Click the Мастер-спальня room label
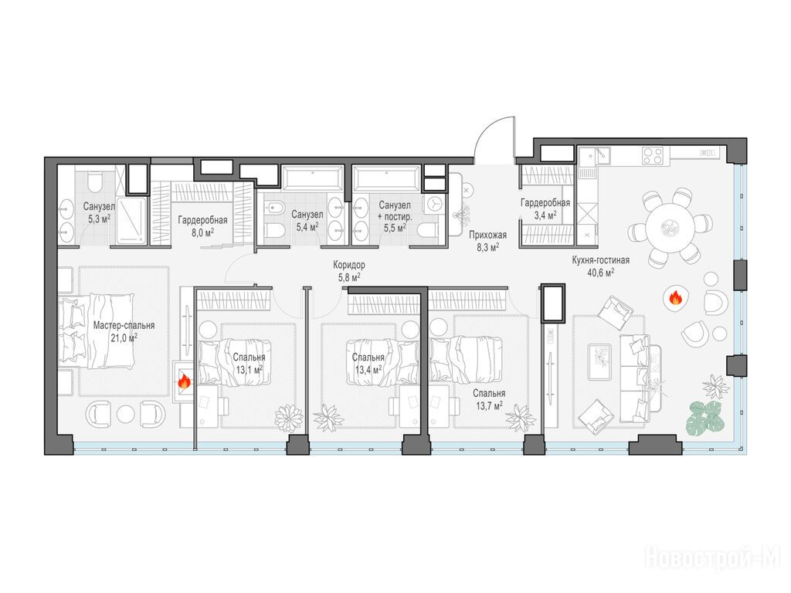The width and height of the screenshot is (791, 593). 124,325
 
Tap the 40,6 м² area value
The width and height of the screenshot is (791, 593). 600,273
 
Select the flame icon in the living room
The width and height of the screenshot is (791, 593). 675,299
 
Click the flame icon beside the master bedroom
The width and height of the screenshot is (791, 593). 184,381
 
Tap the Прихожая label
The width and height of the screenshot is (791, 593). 487,235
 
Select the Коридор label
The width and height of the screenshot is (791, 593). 349,265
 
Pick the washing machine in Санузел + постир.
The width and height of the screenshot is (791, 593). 435,204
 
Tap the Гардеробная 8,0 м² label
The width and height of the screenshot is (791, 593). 202,225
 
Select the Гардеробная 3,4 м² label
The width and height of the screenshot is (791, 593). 545,208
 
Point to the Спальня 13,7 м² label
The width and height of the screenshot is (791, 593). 489,399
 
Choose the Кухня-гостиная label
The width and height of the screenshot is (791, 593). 600,260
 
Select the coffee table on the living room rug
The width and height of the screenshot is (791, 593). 599,361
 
